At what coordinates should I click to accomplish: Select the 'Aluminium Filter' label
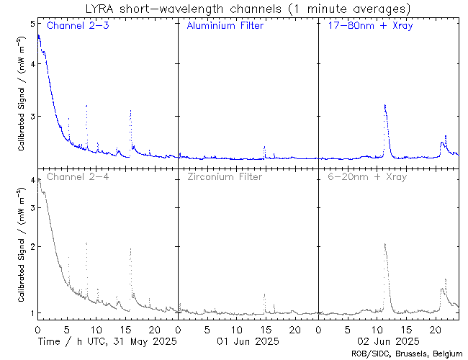click(x=225, y=26)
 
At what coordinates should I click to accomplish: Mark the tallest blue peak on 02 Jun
click(x=385, y=106)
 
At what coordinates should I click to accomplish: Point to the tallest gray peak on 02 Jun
click(x=385, y=244)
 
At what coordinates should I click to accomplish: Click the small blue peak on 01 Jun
click(x=264, y=147)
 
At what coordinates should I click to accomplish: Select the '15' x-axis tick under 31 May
click(x=125, y=328)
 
